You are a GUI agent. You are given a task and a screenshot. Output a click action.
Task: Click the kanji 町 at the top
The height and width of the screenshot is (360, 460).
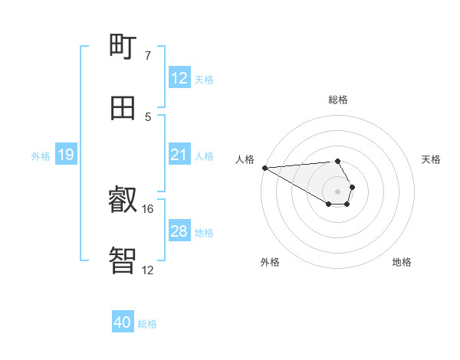(x=123, y=48)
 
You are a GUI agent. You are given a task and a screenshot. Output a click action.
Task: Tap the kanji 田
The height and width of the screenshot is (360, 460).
(x=123, y=108)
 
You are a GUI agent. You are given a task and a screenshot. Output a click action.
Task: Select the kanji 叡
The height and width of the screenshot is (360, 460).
(x=123, y=201)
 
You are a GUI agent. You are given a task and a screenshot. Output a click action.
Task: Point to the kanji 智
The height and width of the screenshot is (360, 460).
(x=123, y=261)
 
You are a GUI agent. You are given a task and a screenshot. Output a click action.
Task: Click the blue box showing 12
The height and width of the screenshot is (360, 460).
(x=179, y=78)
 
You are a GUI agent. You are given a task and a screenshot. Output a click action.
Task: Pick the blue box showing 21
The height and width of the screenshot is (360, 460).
(x=179, y=155)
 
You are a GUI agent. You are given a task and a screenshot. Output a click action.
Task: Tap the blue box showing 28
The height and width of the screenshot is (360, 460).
(x=179, y=231)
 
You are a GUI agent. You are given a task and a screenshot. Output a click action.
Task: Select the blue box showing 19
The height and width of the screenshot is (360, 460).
(x=66, y=155)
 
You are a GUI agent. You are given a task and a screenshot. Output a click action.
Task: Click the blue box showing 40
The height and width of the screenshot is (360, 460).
(x=123, y=323)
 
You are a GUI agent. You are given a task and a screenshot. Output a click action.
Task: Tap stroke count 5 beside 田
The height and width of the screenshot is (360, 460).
(x=147, y=116)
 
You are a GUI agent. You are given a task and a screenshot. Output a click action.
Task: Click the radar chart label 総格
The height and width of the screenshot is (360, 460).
(x=337, y=100)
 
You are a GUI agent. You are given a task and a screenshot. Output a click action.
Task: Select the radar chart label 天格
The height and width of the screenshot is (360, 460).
(x=431, y=159)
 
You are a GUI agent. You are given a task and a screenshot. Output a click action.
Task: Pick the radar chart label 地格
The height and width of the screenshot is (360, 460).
(x=402, y=262)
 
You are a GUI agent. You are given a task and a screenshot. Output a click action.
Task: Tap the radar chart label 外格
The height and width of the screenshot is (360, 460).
(x=270, y=262)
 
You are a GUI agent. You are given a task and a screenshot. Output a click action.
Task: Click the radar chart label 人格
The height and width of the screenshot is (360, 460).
(x=244, y=159)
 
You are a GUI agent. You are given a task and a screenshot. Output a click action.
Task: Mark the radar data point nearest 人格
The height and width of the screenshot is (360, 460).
(x=264, y=168)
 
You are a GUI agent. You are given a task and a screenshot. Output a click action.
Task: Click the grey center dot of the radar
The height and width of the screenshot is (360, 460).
(x=337, y=191)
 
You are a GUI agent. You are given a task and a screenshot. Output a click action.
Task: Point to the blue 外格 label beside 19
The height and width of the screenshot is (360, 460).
(x=41, y=156)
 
